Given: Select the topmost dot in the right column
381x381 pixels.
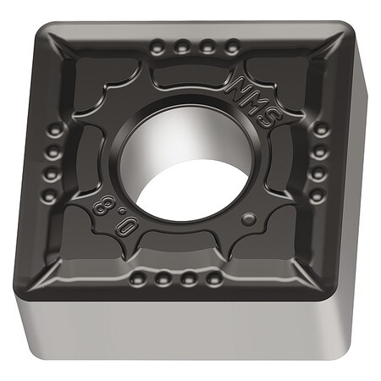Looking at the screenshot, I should [x=322, y=130].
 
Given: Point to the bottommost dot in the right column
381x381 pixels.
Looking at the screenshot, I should [x=317, y=196].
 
